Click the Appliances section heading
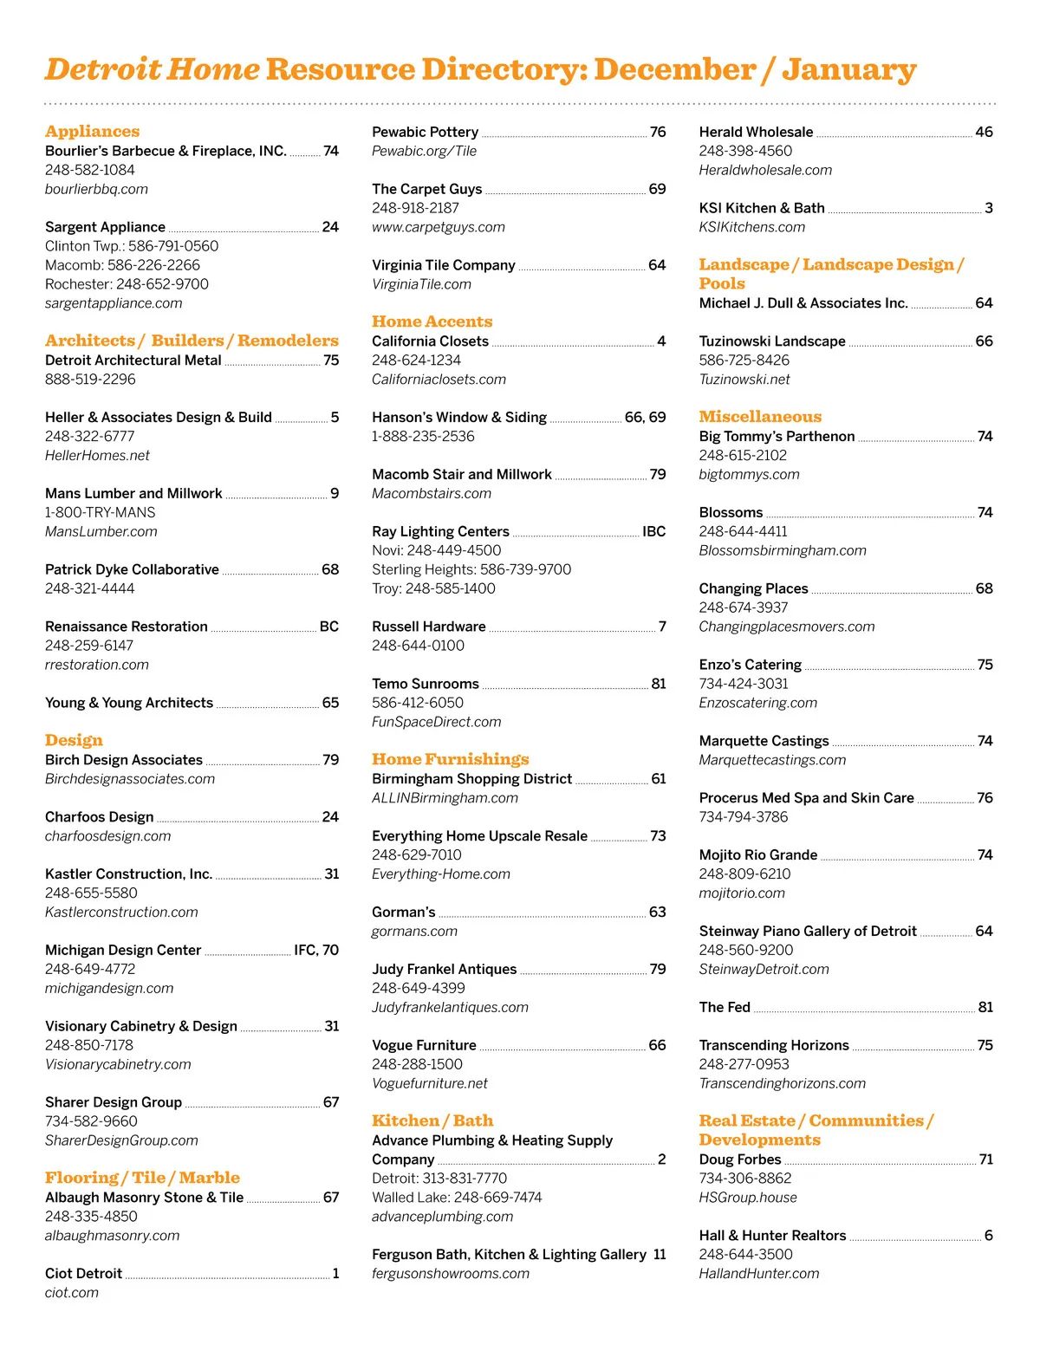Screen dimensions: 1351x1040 click(x=92, y=132)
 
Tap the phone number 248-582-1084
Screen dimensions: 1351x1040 click(x=90, y=170)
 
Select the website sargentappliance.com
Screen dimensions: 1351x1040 click(x=114, y=303)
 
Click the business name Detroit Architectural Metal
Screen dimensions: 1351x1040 click(x=133, y=360)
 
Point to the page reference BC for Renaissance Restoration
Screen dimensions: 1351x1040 click(x=329, y=627)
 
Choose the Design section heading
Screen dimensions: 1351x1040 click(x=74, y=740)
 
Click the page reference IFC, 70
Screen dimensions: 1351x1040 click(x=316, y=950)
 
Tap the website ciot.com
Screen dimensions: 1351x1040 click(x=72, y=1293)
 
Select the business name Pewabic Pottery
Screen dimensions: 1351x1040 click(x=425, y=132)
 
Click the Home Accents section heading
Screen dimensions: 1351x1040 click(x=432, y=322)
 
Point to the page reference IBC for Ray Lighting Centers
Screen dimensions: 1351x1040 click(x=653, y=531)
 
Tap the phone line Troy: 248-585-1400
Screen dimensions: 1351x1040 click(x=433, y=588)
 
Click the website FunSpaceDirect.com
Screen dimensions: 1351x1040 click(x=436, y=722)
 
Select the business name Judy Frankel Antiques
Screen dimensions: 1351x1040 click(x=444, y=969)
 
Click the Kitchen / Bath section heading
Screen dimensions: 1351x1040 click(x=432, y=1120)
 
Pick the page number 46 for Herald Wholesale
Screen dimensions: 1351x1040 click(x=984, y=132)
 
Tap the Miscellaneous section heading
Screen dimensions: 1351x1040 click(x=760, y=417)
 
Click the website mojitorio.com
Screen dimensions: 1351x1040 click(x=742, y=893)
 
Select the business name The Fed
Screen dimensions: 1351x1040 click(x=725, y=1007)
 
